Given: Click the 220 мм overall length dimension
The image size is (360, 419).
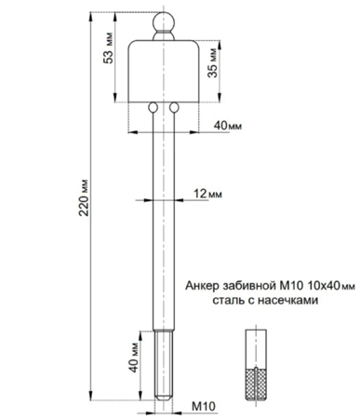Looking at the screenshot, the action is point(84,197).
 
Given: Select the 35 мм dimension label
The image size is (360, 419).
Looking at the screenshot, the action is point(212,62).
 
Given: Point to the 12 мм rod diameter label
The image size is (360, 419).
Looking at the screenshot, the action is point(207,194).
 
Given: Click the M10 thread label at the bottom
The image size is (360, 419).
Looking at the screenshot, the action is point(204,406).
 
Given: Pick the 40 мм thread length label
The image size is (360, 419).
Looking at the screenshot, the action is point(134,358).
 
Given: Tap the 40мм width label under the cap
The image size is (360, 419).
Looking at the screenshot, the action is point(228,126).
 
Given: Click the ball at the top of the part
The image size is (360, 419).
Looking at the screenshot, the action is point(164,21).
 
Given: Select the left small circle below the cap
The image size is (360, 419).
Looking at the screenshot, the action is point(153,107).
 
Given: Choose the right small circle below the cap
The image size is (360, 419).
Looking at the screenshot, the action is point(174,107).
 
